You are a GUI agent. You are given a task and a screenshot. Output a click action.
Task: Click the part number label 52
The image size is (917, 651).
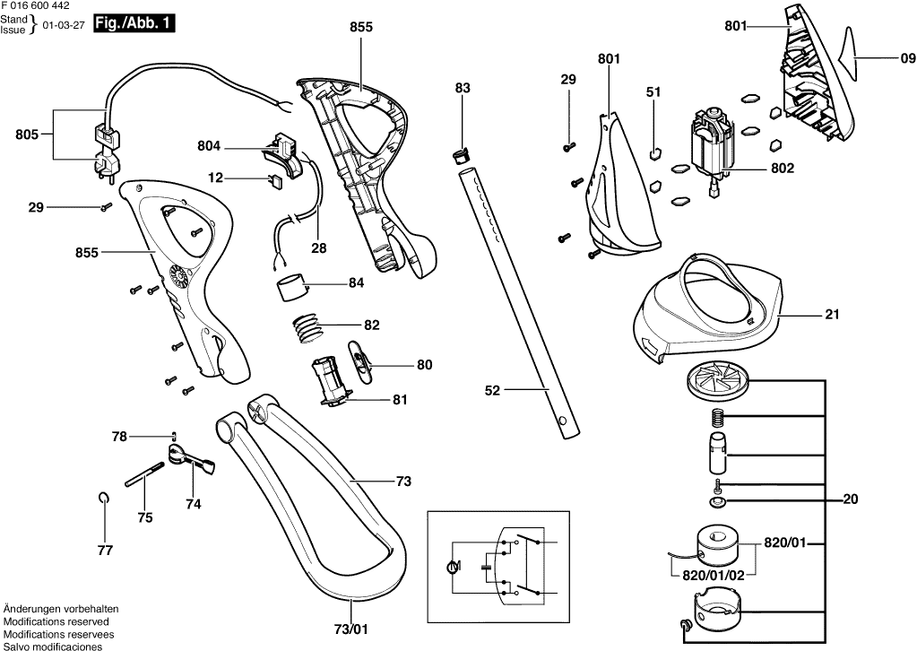(491, 390)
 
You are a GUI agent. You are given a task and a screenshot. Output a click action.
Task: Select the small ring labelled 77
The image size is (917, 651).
(105, 499)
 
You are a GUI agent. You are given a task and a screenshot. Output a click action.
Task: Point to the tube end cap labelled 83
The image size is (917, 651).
(462, 154)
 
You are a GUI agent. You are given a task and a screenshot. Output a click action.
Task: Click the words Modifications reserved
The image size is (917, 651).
(56, 621)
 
